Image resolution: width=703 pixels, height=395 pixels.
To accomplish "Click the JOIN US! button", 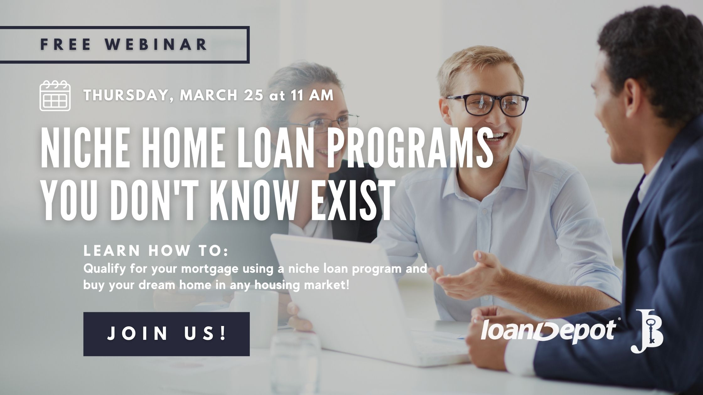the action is coord(166,334).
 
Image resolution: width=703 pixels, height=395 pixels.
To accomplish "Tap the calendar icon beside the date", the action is coord(55,96).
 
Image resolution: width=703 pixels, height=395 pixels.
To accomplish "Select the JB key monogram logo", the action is coord(647,335).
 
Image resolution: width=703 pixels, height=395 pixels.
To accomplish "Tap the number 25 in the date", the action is coord(253,95).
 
